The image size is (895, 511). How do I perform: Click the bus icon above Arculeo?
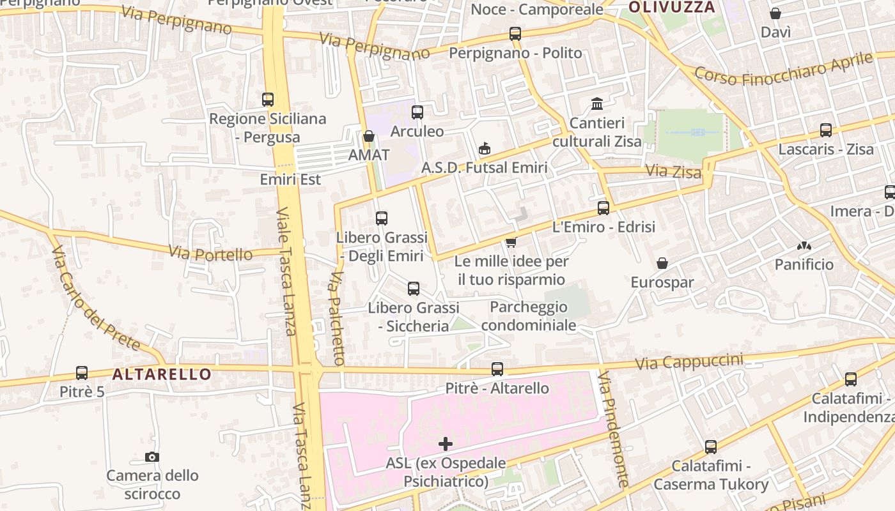417,112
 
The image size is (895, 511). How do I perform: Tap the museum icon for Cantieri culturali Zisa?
597,103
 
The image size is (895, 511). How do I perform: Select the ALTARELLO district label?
162,374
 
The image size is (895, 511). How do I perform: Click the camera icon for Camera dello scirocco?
152,457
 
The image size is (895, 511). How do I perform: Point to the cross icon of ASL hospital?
446,444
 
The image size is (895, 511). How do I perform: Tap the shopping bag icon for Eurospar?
662,263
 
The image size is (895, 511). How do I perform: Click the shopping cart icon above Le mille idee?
511,242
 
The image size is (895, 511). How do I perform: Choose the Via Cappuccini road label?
689,362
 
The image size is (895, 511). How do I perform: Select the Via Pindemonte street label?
614,431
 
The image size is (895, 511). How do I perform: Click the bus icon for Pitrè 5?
82,372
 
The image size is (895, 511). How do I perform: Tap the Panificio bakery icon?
804,246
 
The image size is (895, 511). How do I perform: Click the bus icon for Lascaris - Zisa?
826,130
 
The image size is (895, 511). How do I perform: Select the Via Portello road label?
210,253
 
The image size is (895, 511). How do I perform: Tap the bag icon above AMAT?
368,136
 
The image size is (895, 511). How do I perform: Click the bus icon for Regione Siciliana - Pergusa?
268,100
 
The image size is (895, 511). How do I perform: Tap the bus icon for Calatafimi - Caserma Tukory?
710,447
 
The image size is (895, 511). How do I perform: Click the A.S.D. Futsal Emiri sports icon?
485,149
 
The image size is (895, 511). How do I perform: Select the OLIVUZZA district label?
671,8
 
